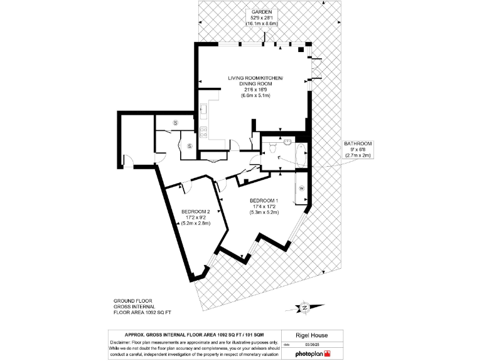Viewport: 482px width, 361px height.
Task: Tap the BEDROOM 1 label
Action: pos(264,201)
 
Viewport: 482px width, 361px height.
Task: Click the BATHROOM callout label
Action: pos(358,144)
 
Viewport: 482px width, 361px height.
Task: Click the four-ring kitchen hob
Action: pos(203,132)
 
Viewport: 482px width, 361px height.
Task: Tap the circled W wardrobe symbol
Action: pos(301,188)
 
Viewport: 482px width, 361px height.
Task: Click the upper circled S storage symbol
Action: pos(176,122)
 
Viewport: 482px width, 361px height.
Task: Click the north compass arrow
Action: pos(304,307)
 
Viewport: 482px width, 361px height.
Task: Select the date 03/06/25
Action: pos(313,344)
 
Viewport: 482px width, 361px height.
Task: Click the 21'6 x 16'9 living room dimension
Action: pos(255,90)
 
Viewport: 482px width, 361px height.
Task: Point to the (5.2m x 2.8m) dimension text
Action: pos(195,223)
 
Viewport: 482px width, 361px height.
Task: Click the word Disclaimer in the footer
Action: pos(123,343)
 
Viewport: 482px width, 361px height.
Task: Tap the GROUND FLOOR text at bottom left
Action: pos(132,301)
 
